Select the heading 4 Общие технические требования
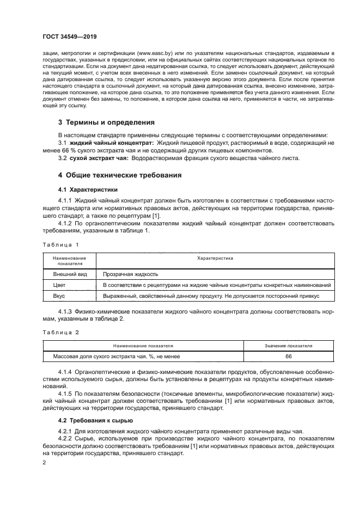coord(120,175)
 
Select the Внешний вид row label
coord(68,274)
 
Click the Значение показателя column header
coord(288,345)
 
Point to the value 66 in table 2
coord(288,356)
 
